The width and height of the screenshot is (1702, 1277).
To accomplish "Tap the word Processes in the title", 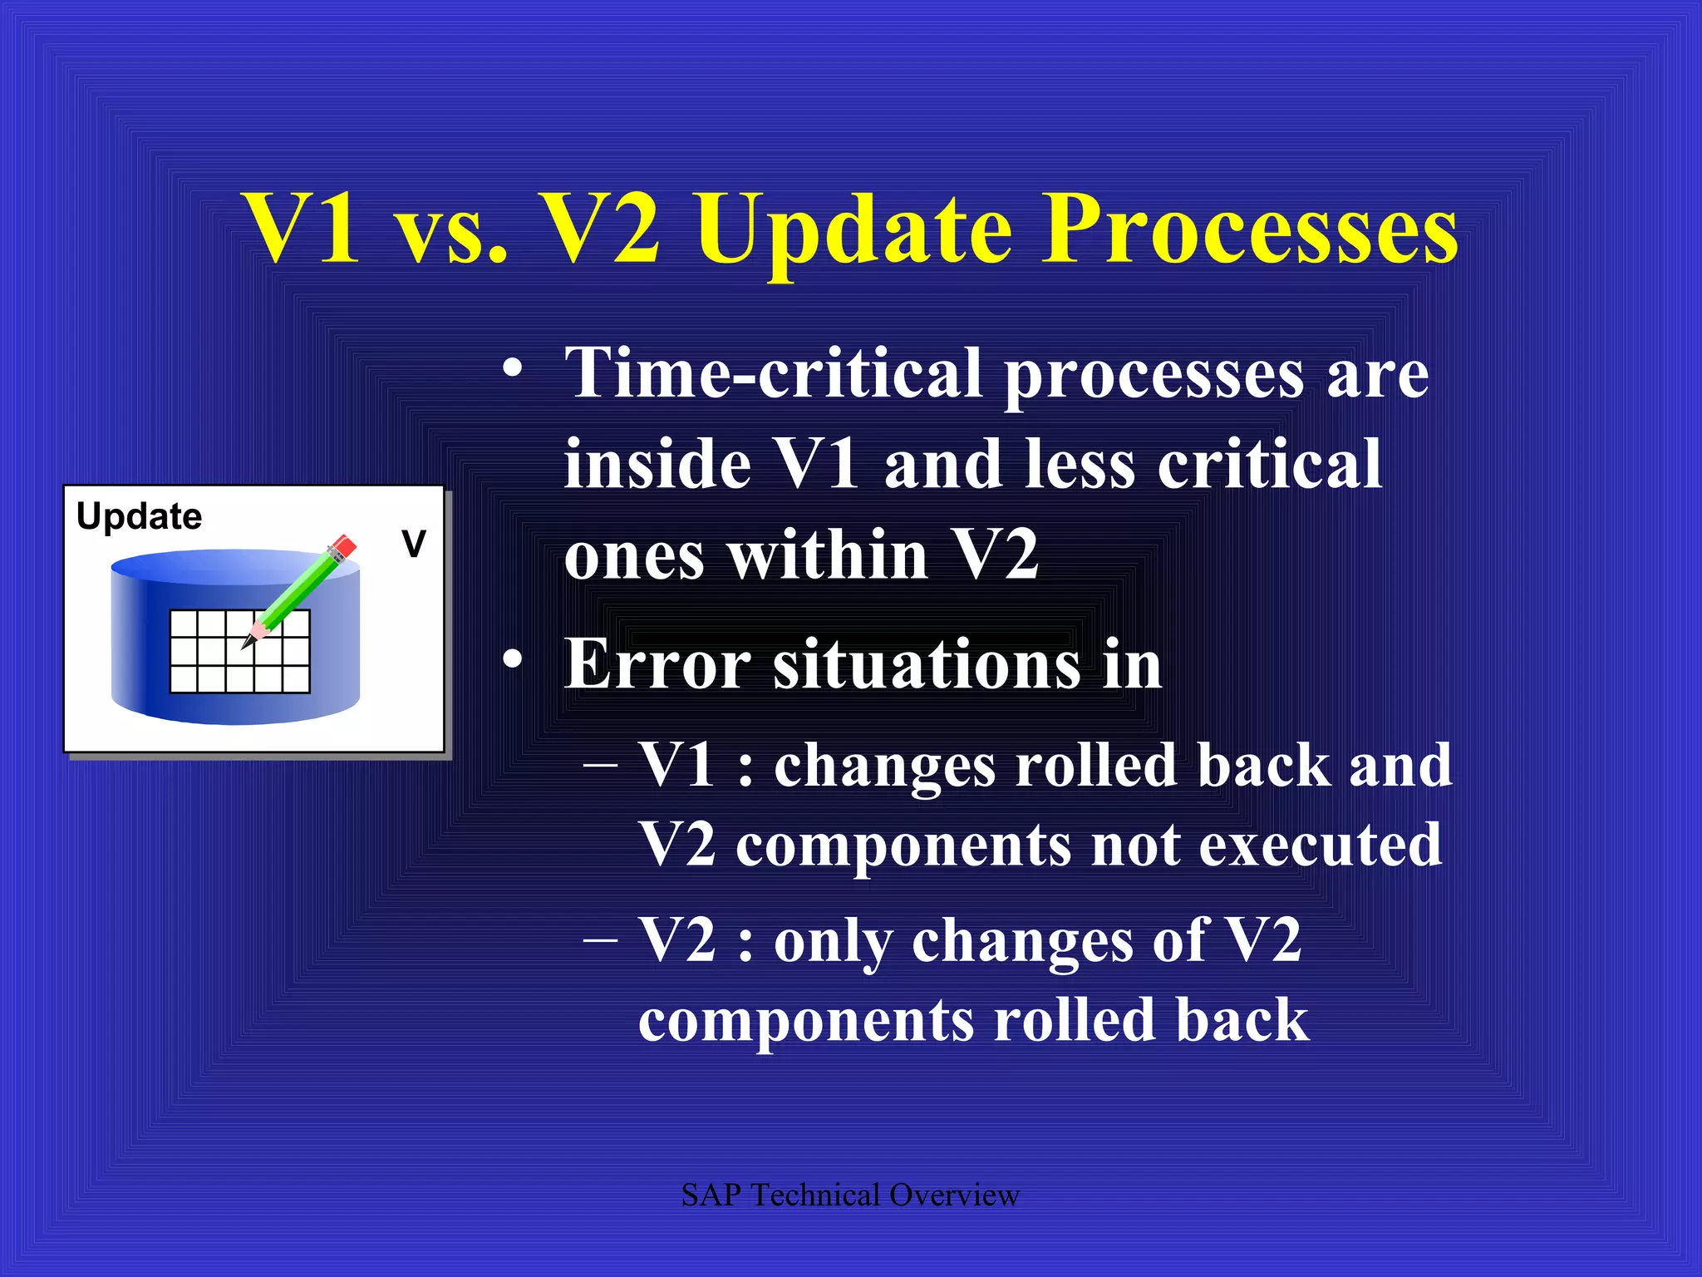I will (1252, 229).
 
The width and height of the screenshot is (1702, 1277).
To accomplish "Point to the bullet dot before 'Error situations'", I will (513, 659).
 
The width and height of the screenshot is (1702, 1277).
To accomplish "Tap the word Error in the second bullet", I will (657, 664).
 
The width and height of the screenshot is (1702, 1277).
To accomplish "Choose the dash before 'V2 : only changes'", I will (600, 939).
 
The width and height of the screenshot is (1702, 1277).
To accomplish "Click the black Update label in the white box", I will (139, 516).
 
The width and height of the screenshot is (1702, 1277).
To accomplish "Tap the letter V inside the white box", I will (413, 544).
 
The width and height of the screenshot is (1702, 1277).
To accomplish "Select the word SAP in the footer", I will (711, 1196).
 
